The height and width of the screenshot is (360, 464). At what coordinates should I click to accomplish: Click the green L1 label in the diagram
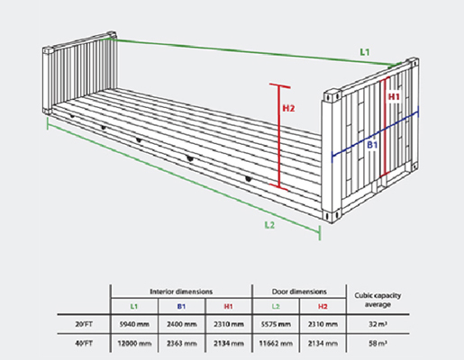pos(365,52)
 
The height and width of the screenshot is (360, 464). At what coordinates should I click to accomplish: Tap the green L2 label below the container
pos(269,225)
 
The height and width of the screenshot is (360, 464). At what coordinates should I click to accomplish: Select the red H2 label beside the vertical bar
pos(288,108)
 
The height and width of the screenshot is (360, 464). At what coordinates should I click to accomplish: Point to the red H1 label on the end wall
pos(394,96)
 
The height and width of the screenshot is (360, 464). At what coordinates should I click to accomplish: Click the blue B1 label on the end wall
pos(372,145)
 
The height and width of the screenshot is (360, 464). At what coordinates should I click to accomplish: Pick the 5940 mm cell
pos(134,324)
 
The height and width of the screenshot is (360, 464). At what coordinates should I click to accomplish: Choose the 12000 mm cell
pos(134,343)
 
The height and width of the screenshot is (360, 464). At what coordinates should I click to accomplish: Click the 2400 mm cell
pos(182,324)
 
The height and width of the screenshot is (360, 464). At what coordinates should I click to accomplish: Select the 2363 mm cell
pos(182,343)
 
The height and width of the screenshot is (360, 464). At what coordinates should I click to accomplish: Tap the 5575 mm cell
pos(276,324)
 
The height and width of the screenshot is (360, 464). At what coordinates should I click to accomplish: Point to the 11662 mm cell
pos(276,343)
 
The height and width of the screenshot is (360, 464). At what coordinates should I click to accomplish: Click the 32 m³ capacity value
pos(378,324)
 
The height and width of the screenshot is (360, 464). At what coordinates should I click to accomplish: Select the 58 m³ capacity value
pos(378,343)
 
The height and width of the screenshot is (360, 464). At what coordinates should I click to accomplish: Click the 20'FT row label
pos(84,324)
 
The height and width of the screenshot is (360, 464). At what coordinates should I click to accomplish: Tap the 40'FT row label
pos(84,343)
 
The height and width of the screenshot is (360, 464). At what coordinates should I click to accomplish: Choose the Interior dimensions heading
pos(181,292)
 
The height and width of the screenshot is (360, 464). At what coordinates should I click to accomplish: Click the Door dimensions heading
pos(299,292)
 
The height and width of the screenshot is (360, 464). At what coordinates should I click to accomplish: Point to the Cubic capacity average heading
pos(378,300)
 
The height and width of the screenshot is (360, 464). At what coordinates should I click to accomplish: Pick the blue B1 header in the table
pos(181,307)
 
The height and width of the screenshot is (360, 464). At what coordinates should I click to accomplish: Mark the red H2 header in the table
pos(323,307)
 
